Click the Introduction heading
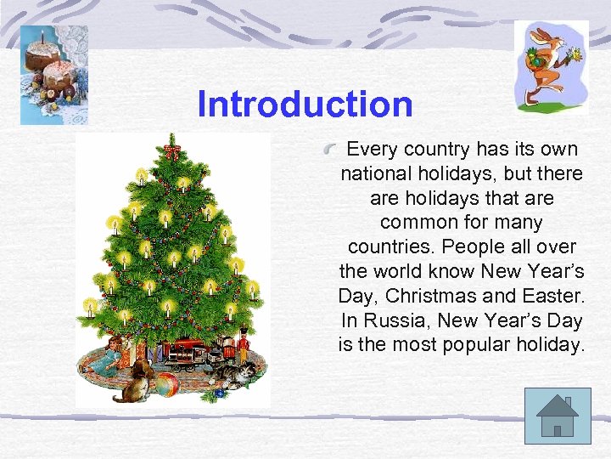pyautogui.click(x=305, y=105)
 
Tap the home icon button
pyautogui.click(x=557, y=416)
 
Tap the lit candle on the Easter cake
pyautogui.click(x=41, y=37)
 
